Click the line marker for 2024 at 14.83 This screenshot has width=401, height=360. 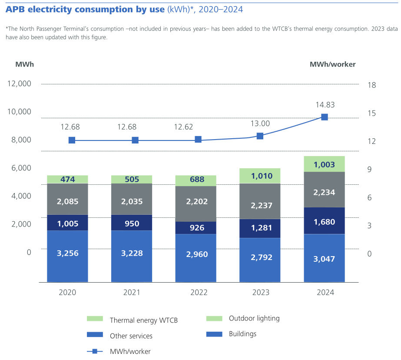(x=324, y=117)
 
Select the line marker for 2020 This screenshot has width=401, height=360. (x=72, y=140)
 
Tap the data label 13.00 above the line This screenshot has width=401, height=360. (x=260, y=123)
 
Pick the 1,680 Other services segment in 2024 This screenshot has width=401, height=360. (x=324, y=222)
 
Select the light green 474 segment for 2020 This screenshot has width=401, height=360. (x=67, y=179)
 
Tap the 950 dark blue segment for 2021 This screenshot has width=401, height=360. (x=132, y=223)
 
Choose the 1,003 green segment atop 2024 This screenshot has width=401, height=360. (x=324, y=164)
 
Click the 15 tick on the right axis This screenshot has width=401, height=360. (x=371, y=113)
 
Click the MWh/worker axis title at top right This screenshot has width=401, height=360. (x=332, y=64)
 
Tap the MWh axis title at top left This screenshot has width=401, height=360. (x=24, y=64)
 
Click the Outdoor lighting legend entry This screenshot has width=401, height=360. (x=254, y=318)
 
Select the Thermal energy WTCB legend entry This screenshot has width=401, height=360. (x=143, y=320)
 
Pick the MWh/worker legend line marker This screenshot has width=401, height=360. (x=95, y=351)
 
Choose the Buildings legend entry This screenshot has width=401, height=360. (x=242, y=334)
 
